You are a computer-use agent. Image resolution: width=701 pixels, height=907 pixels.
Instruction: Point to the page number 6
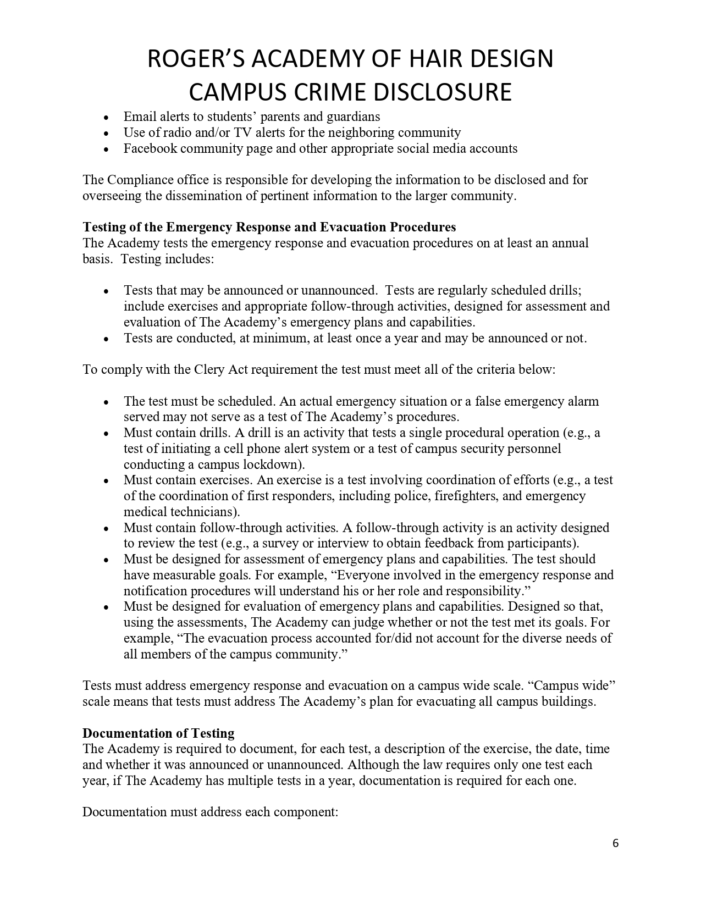[x=615, y=843]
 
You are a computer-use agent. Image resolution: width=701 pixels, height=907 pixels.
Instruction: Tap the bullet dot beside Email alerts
[x=106, y=117]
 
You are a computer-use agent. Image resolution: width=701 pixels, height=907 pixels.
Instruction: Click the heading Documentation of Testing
[x=158, y=733]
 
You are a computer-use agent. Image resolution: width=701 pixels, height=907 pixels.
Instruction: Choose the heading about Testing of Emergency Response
[x=269, y=227]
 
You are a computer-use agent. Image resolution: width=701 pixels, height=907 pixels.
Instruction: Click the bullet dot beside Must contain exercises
[x=106, y=480]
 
